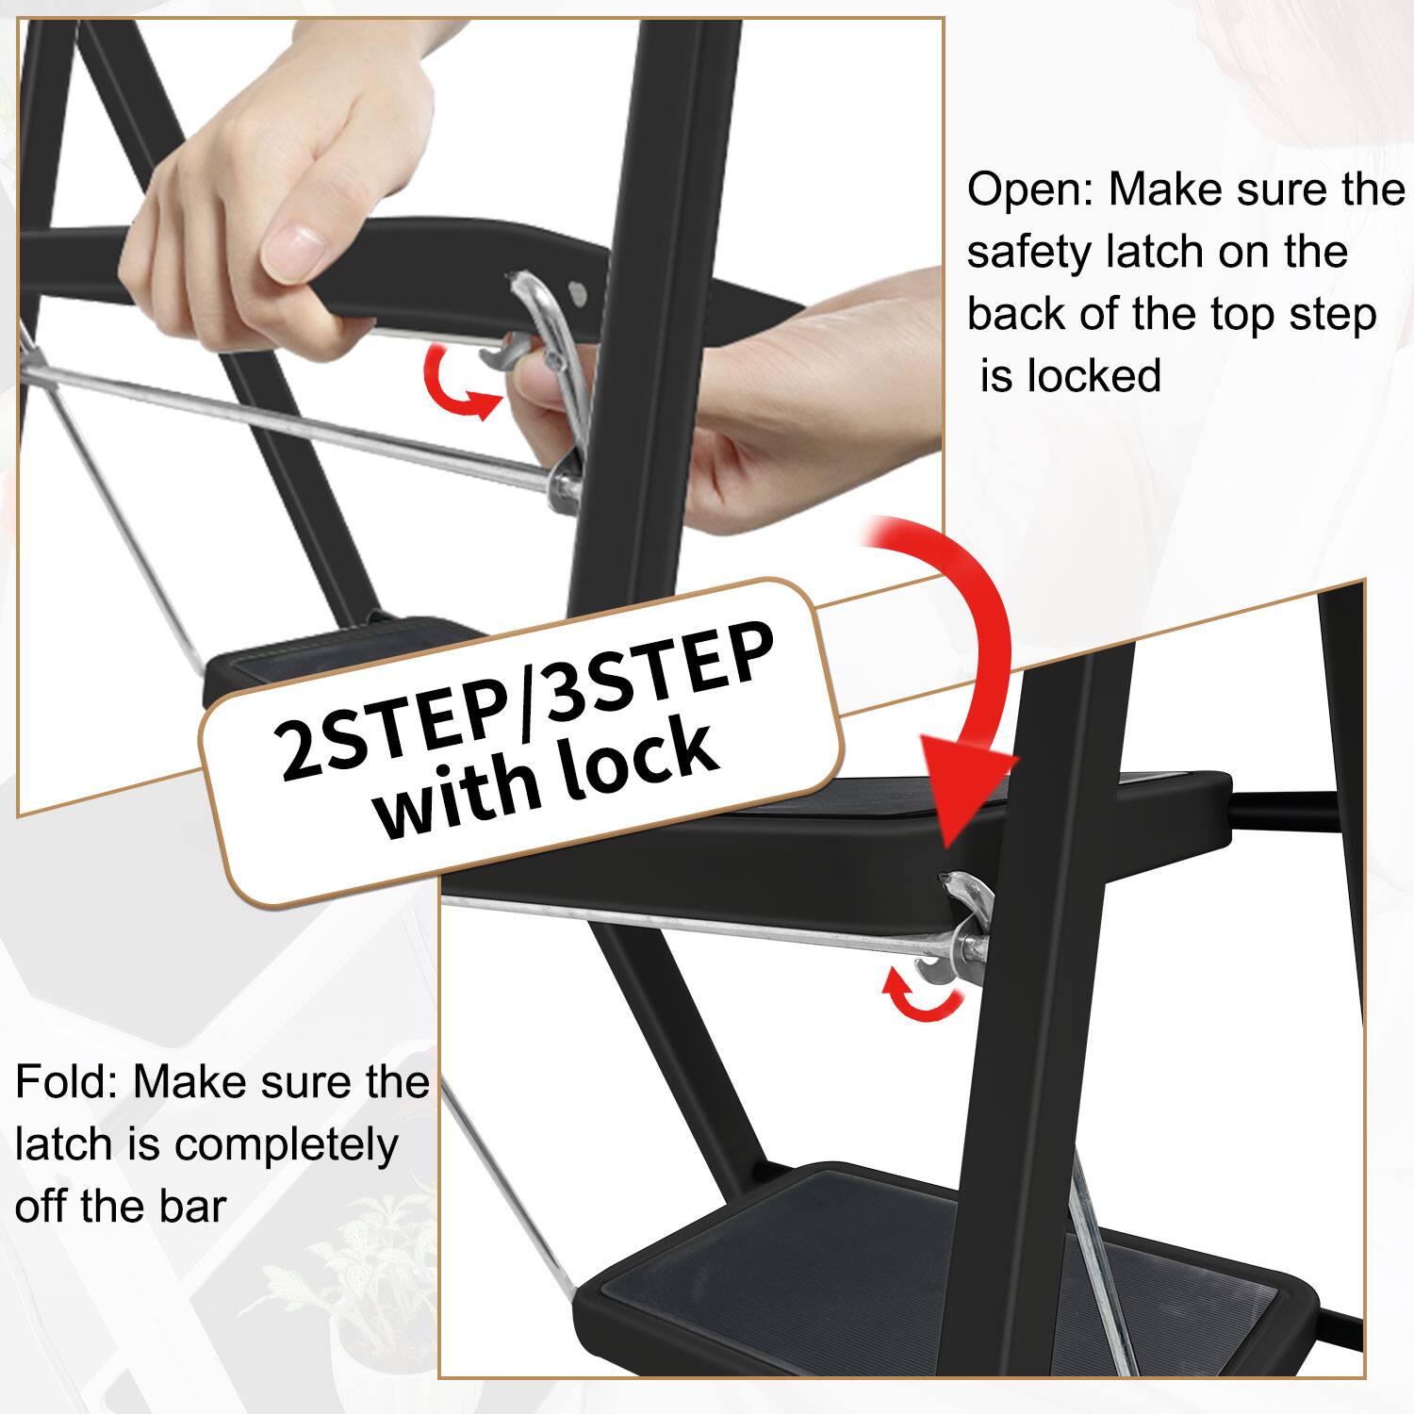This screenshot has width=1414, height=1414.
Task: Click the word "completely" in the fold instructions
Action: click(x=286, y=1146)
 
